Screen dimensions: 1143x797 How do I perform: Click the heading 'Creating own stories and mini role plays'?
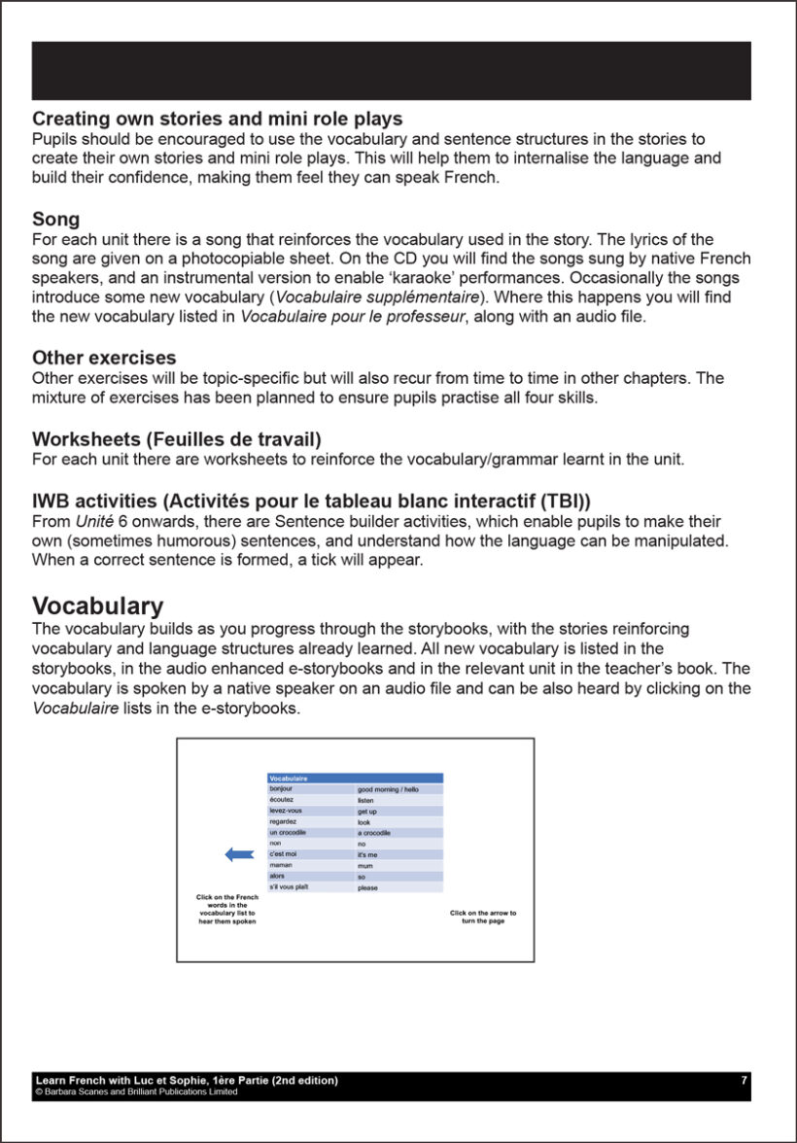pos(217,120)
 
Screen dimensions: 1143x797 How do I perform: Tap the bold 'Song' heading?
pos(55,221)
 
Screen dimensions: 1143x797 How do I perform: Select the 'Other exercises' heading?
pos(104,359)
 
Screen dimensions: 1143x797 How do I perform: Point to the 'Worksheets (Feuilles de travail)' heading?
pos(176,439)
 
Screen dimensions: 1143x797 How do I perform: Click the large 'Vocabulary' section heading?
pos(97,606)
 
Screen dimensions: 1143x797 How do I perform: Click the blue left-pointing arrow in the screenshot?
pos(239,854)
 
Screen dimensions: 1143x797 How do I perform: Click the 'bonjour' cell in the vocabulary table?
pos(282,789)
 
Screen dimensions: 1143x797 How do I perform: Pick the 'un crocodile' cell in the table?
pos(289,833)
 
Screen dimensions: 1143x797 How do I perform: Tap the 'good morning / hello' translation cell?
pos(388,790)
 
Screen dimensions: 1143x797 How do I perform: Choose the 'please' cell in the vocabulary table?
pos(367,887)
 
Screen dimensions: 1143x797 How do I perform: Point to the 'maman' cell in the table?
pos(282,865)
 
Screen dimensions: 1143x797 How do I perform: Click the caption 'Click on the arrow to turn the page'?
pos(483,917)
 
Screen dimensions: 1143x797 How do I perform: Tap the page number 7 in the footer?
pos(744,1081)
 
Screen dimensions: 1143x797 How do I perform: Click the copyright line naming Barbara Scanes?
pos(136,1091)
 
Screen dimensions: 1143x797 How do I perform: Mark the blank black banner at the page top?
pos(391,71)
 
